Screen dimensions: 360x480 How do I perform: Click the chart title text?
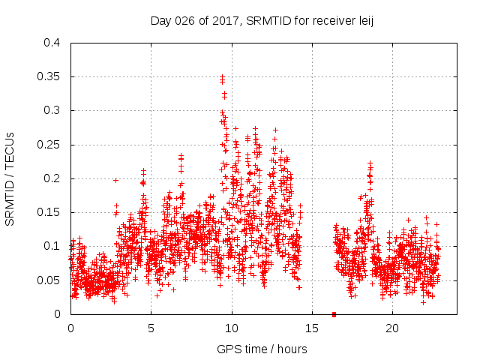point(262,20)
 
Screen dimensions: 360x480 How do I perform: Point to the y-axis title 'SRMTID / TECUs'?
point(10,178)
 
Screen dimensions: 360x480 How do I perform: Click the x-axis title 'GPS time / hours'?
point(262,349)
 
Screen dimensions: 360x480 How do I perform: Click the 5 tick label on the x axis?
point(151,328)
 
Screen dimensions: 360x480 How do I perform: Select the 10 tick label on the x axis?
point(232,328)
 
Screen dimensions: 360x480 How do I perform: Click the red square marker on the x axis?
point(334,313)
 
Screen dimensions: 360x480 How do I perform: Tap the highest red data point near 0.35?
point(223,76)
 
